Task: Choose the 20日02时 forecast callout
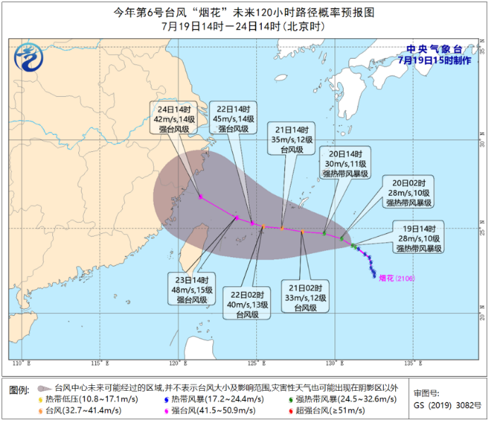tap(408, 192)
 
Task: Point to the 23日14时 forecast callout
tap(192, 288)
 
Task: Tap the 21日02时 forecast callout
tap(308, 298)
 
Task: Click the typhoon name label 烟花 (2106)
tap(397, 278)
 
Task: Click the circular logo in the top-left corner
tap(30, 57)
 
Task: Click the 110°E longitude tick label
tap(24, 363)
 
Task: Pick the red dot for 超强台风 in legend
tap(289, 410)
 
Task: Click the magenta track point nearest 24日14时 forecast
tap(201, 197)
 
